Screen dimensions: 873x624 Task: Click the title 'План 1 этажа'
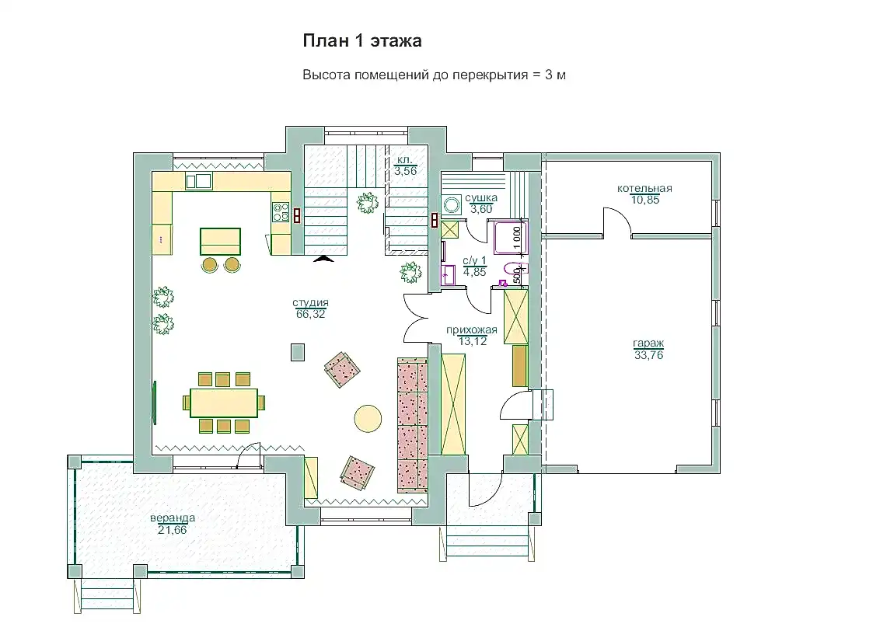[x=362, y=40]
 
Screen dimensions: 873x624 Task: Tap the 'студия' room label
[x=311, y=302]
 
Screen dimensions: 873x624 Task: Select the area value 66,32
[x=311, y=314]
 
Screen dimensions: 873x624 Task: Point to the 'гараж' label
[x=648, y=343]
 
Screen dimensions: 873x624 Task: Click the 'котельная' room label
[x=644, y=188]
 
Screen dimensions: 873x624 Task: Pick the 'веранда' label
[x=173, y=518]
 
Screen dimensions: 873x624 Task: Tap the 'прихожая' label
[x=472, y=329]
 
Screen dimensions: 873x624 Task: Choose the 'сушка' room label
[x=481, y=197]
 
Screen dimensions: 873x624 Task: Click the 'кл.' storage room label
[x=404, y=160]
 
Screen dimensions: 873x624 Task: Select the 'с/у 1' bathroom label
[x=474, y=260]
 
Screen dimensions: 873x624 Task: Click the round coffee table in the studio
[x=368, y=417]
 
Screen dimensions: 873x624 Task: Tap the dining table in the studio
[x=224, y=403]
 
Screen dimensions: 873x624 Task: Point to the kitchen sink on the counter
[x=199, y=181]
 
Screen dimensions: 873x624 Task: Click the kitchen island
[x=221, y=242]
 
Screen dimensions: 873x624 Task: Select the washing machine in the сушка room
[x=452, y=205]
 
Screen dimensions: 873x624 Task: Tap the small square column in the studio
[x=298, y=352]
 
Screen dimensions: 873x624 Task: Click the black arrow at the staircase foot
[x=323, y=258]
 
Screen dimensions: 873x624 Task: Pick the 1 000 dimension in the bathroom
[x=517, y=239]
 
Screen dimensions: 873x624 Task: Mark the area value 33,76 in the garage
[x=648, y=355]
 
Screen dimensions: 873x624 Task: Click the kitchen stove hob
[x=281, y=213]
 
